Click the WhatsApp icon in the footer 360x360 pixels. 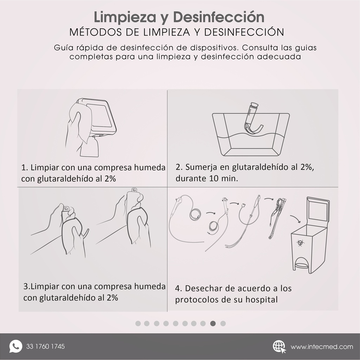click(15, 346)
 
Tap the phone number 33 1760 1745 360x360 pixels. click(45, 347)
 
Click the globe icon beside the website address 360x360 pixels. click(279, 346)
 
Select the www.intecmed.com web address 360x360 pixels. click(322, 347)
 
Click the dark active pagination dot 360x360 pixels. click(213, 323)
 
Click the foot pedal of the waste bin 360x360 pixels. click(302, 264)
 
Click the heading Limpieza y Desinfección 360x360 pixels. click(179, 17)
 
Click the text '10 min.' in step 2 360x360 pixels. click(224, 178)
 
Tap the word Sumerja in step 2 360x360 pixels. click(200, 167)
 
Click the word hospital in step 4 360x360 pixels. click(259, 300)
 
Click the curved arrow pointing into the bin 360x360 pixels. click(295, 219)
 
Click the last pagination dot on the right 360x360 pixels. click(223, 323)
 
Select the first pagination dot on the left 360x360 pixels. click(138, 323)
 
